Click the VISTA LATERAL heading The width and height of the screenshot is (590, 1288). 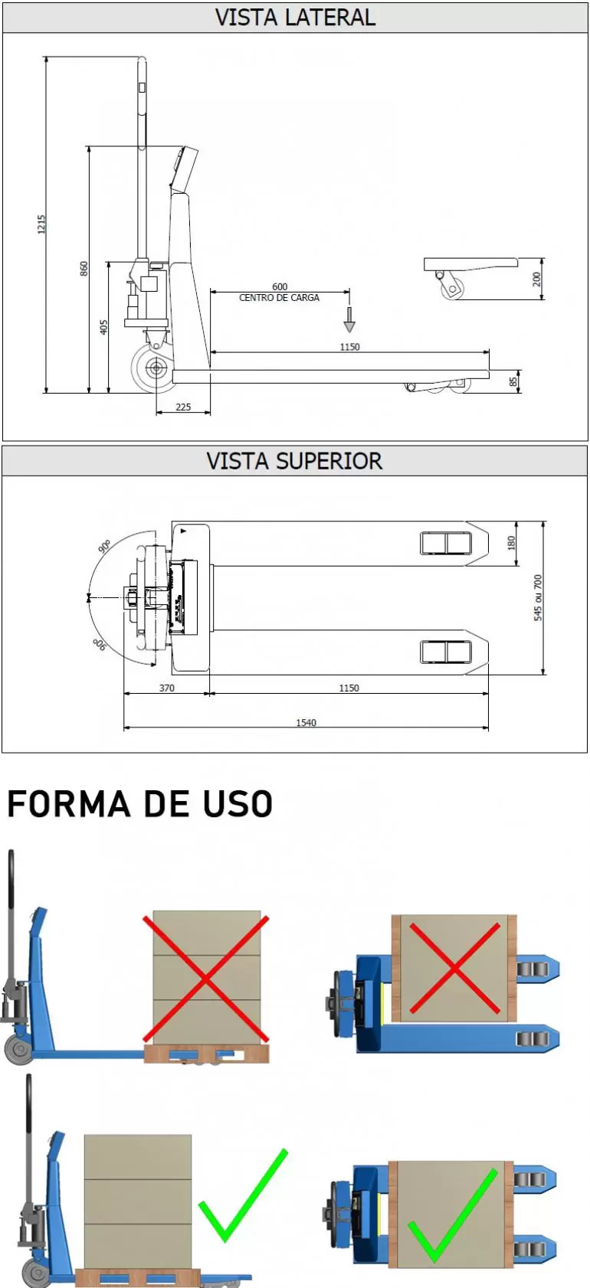coord(295,18)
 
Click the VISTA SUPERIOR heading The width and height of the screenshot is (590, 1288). coord(294,461)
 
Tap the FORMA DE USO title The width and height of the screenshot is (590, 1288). coord(139,805)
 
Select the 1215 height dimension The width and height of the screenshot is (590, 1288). coord(42,224)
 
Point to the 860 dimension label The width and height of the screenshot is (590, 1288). coord(84,269)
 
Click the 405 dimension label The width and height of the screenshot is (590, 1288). coord(103,327)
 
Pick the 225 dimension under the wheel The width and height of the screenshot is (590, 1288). coord(183,407)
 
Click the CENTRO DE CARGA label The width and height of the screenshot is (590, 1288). coord(279,298)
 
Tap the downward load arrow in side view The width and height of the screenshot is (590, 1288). coord(349,320)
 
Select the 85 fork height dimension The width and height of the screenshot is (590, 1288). coord(514,381)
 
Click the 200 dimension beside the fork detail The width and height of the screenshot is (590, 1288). coord(537,279)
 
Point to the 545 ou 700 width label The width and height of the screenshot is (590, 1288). coord(538,598)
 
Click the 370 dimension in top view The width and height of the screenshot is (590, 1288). coord(167,688)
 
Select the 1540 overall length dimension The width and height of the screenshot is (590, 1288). coord(306,723)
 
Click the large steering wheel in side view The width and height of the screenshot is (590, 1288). coord(156,369)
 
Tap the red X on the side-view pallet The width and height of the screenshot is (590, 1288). coord(206,979)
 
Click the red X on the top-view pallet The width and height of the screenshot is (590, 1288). coord(454,969)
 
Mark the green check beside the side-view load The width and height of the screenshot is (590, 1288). coord(243,1195)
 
